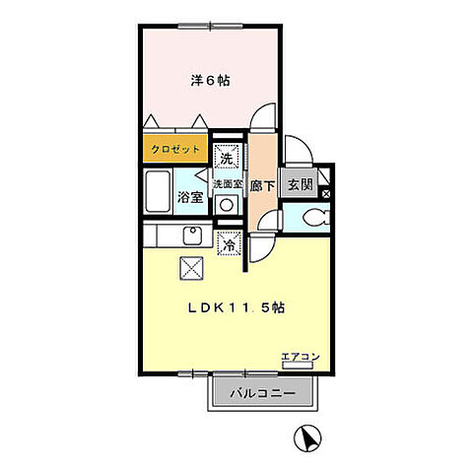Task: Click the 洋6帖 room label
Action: pyautogui.click(x=210, y=81)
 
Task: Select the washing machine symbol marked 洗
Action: pyautogui.click(x=226, y=156)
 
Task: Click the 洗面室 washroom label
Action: pyautogui.click(x=227, y=183)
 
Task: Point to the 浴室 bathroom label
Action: pyautogui.click(x=190, y=197)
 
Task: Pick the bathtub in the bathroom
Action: pyautogui.click(x=158, y=194)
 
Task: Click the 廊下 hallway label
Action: pyautogui.click(x=261, y=183)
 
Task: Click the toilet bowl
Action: pyautogui.click(x=314, y=218)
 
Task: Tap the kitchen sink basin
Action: pyautogui.click(x=192, y=236)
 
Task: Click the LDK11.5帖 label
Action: pyautogui.click(x=236, y=306)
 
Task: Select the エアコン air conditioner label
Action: pyautogui.click(x=299, y=355)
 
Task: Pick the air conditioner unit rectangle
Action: pyautogui.click(x=297, y=366)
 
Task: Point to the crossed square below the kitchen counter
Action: pyautogui.click(x=191, y=266)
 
